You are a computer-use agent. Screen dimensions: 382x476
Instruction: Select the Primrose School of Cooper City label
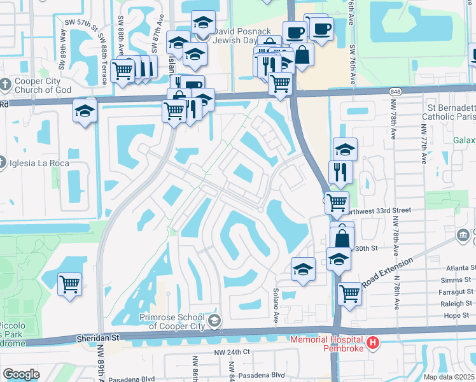172,322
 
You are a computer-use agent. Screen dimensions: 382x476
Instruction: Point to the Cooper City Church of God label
41,89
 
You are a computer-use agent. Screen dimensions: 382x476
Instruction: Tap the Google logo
22,374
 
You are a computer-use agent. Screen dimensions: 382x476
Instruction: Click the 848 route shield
395,92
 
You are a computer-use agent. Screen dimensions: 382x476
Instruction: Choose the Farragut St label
454,292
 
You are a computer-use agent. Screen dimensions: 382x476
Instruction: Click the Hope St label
456,315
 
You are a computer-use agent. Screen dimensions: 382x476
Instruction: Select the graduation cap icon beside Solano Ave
303,269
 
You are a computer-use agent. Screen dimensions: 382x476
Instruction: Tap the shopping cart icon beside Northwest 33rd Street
337,202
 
